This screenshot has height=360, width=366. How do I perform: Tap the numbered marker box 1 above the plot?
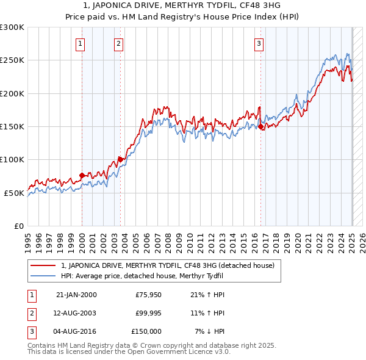coord(81,43)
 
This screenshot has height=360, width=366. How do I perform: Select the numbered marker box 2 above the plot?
coord(118,43)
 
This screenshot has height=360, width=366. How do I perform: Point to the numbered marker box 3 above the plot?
coord(259,43)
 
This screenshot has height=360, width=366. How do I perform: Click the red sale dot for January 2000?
coord(82,176)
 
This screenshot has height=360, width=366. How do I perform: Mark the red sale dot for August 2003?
coord(121,160)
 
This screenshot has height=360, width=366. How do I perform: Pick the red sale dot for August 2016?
coord(261,127)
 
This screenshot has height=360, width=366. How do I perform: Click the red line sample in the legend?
coord(43,265)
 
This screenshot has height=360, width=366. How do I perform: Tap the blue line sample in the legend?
coord(43,276)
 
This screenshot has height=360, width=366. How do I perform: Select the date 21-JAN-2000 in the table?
coord(76,295)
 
